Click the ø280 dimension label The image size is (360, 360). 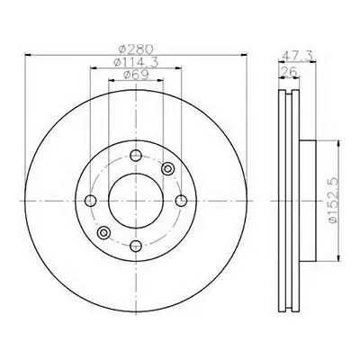[136, 49]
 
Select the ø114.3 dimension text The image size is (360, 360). [136, 62]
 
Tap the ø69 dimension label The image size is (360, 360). [136, 75]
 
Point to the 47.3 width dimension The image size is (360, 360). [298, 56]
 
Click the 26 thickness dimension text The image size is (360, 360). [288, 72]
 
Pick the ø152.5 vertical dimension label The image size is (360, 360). [334, 200]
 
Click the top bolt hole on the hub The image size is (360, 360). [136, 156]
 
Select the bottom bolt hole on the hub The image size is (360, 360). [136, 246]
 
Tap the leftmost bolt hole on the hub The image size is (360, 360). [91, 201]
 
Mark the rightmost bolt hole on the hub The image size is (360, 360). [181, 201]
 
